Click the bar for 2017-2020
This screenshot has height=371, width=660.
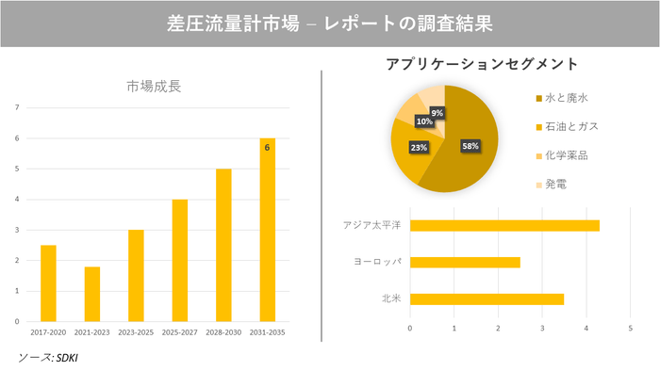(48, 282)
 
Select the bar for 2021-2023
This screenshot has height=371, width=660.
(92, 294)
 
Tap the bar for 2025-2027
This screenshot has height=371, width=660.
(180, 260)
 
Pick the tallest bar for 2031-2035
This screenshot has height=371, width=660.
(268, 230)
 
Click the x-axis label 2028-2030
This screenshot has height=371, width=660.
(223, 332)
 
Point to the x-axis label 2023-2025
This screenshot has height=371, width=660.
(136, 332)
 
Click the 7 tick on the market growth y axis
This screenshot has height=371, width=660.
(17, 107)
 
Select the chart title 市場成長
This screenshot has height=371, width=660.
(154, 88)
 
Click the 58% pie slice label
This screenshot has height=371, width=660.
(470, 146)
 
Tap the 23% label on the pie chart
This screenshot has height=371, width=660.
(419, 148)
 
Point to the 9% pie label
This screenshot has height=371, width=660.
(437, 113)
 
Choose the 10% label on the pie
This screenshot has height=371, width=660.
(424, 121)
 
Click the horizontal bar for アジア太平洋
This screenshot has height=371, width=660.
(504, 225)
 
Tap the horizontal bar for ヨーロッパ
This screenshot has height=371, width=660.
(465, 262)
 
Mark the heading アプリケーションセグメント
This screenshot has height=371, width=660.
(482, 64)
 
